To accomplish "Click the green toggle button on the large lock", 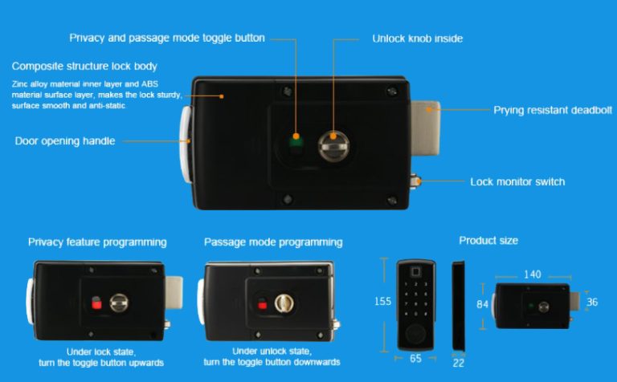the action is pyautogui.click(x=296, y=141).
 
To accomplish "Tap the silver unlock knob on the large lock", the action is pyautogui.click(x=333, y=146).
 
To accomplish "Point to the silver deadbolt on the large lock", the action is pyautogui.click(x=425, y=128).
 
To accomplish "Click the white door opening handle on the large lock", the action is pyautogui.click(x=186, y=144).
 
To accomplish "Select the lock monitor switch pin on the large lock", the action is pyautogui.click(x=415, y=181).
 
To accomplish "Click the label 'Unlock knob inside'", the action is pyautogui.click(x=418, y=39).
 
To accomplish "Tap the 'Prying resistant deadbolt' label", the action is pyautogui.click(x=553, y=110).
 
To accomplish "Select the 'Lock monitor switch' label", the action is pyautogui.click(x=517, y=181).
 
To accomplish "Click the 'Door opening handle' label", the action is pyautogui.click(x=65, y=140).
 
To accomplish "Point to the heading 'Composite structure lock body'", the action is pyautogui.click(x=84, y=66).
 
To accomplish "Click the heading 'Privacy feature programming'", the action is pyautogui.click(x=97, y=242).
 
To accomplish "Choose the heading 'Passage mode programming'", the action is pyautogui.click(x=273, y=242).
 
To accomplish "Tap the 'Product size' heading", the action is pyautogui.click(x=488, y=241).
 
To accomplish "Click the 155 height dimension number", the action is pyautogui.click(x=382, y=302).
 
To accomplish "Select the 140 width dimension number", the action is pyautogui.click(x=533, y=274).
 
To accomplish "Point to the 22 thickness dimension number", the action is pyautogui.click(x=459, y=363).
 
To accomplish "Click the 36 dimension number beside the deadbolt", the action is pyautogui.click(x=592, y=302).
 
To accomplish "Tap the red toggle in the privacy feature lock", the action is pyautogui.click(x=96, y=303).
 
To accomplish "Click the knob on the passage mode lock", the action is pyautogui.click(x=284, y=303).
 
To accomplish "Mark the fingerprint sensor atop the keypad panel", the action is pyautogui.click(x=415, y=271).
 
